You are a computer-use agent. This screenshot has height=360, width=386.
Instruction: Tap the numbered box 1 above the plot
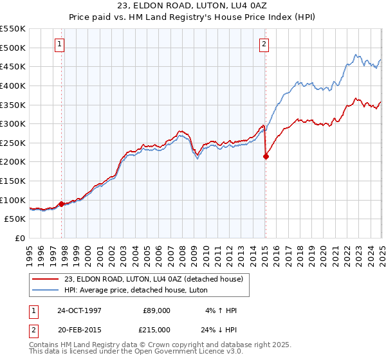coord(59,44)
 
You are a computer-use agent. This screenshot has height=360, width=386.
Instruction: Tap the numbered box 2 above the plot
coord(264,44)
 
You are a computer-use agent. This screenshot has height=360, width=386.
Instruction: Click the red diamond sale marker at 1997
coord(62,204)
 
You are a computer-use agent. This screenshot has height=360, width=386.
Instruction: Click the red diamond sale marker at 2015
coord(266,156)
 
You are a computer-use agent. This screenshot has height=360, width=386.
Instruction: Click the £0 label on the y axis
coord(19,238)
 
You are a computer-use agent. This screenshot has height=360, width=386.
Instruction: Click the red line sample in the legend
coord(46,280)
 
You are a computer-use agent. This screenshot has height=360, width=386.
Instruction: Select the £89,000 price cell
coord(157,310)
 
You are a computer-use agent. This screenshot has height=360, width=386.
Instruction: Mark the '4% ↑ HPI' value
coord(220,310)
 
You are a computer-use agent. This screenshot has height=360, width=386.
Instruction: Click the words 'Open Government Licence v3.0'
coord(194,352)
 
